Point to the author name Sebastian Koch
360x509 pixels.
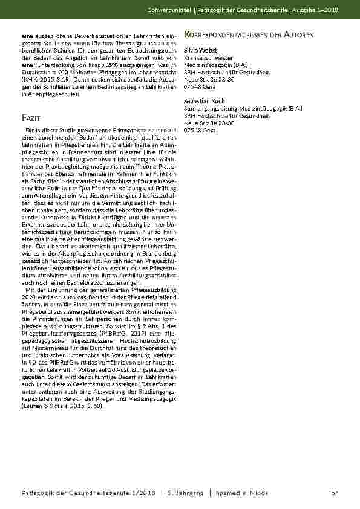[205, 83]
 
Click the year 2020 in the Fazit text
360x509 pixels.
[27, 296]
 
